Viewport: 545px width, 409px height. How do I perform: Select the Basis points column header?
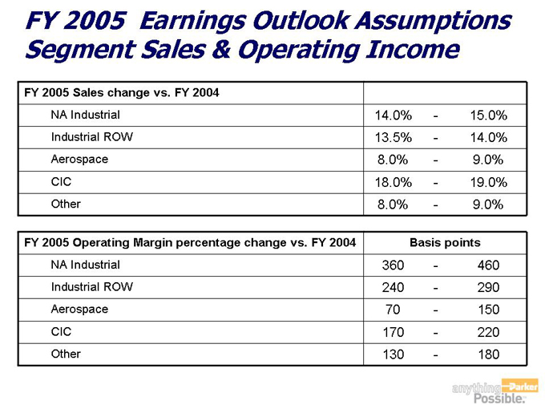(445, 242)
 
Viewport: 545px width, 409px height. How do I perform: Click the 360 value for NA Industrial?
(393, 265)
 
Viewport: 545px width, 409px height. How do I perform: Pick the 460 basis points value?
(487, 265)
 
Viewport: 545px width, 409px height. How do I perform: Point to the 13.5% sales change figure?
(393, 137)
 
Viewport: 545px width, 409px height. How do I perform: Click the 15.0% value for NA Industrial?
(488, 115)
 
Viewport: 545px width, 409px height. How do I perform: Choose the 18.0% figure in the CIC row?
(393, 182)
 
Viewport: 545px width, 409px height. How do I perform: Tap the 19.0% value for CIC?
(488, 182)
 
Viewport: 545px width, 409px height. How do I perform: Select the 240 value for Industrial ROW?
(393, 287)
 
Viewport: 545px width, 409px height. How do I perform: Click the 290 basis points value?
(487, 287)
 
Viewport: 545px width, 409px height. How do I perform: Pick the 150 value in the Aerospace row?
(487, 310)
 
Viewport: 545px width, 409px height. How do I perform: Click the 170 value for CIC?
(393, 332)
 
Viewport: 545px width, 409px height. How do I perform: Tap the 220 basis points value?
(487, 332)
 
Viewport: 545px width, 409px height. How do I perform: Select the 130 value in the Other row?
(393, 354)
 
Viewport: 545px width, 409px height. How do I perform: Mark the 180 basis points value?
(487, 354)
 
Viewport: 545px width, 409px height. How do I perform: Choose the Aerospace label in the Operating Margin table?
(79, 309)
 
